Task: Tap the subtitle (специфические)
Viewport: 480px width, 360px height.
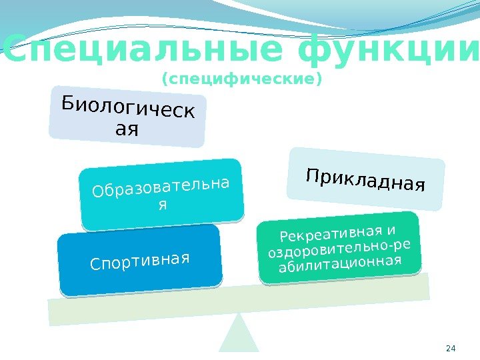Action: [242, 80]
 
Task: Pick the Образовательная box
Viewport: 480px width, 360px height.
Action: [161, 192]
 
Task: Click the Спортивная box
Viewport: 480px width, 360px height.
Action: [140, 260]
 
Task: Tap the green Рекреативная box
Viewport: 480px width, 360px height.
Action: [339, 246]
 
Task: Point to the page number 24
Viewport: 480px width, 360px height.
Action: [450, 348]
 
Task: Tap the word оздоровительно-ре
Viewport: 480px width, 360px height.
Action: [339, 249]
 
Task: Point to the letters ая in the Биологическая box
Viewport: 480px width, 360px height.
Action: [127, 129]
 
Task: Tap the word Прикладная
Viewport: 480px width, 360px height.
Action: [365, 179]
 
